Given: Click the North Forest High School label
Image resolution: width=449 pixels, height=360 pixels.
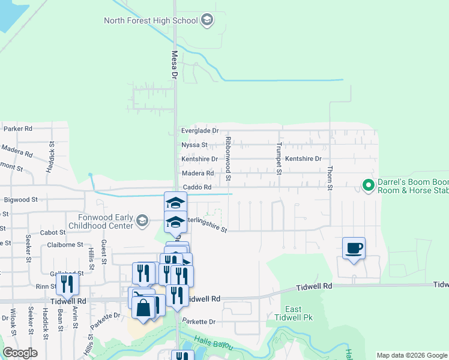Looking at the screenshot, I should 151,20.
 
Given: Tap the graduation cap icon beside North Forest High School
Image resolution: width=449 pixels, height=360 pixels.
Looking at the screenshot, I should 207,20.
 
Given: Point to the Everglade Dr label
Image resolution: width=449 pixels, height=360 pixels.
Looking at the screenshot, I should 200,131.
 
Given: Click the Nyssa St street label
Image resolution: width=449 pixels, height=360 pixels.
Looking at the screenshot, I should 194,145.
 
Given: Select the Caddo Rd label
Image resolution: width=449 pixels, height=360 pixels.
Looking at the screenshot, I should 197,187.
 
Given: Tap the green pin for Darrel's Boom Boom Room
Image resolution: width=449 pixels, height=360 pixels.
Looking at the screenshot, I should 367,185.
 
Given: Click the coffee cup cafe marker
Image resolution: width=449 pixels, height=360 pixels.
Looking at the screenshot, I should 354,248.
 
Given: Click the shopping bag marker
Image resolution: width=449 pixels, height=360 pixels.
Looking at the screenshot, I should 143,308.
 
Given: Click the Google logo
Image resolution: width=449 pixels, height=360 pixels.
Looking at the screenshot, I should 20,353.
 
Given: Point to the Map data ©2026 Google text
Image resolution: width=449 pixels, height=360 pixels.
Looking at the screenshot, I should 411,355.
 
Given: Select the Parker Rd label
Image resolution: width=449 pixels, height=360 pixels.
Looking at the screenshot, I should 17,129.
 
